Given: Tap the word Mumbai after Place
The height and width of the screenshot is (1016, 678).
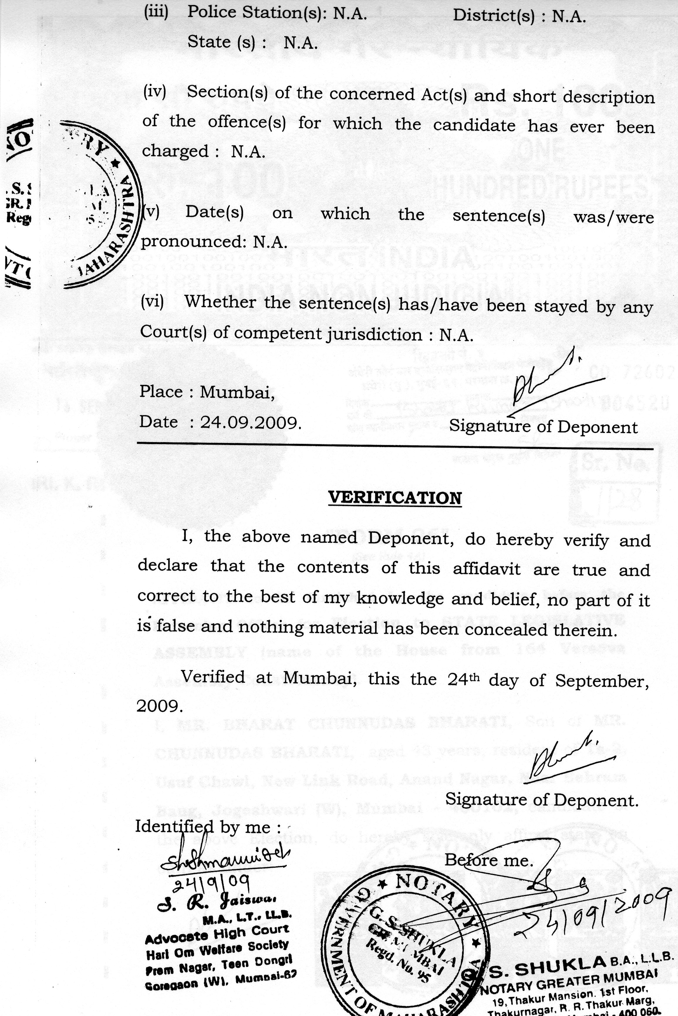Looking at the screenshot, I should click(x=237, y=392).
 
